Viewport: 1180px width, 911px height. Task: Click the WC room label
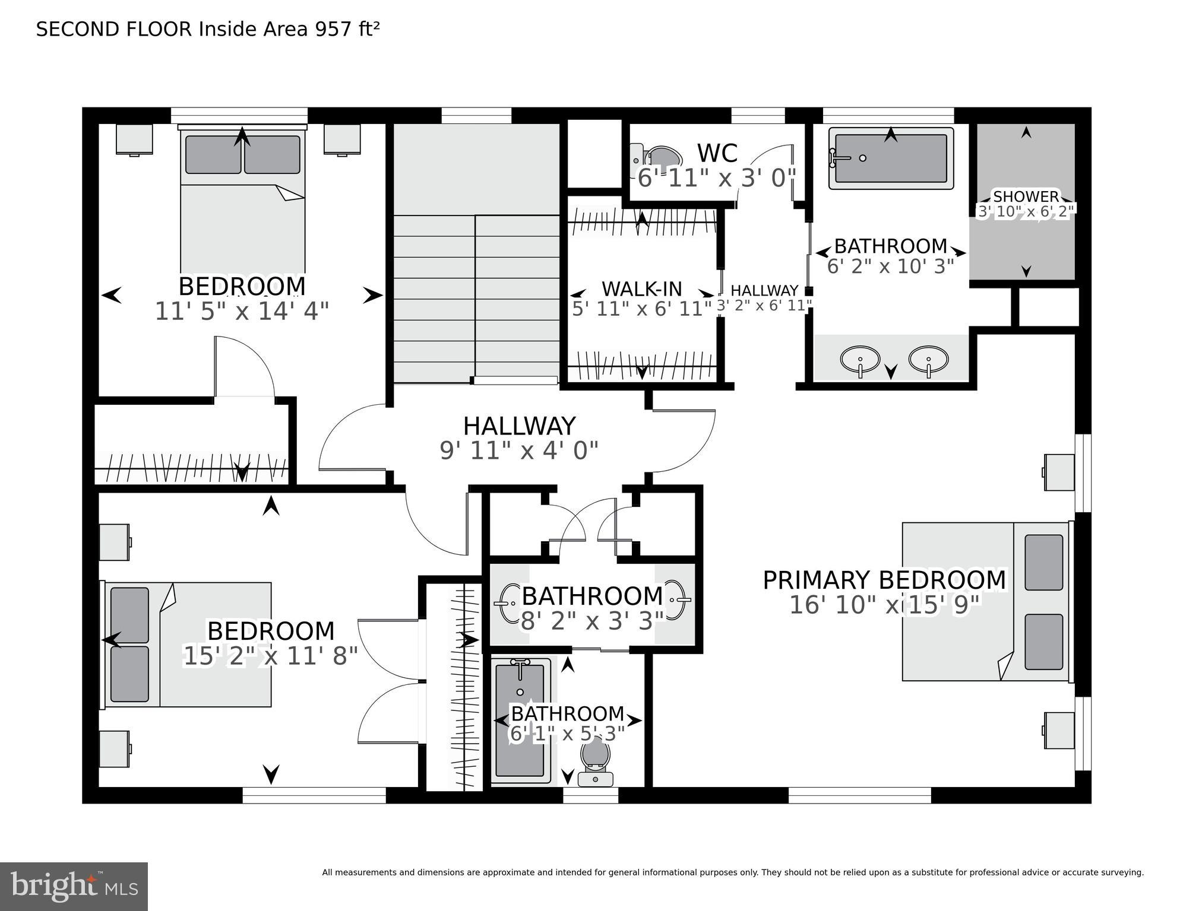(717, 153)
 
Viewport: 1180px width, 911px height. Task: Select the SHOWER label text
(1026, 196)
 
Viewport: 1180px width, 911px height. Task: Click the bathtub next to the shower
(891, 158)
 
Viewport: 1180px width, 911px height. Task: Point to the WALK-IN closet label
(641, 289)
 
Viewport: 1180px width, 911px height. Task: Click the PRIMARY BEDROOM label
(884, 580)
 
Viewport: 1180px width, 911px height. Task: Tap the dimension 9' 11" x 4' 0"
(518, 451)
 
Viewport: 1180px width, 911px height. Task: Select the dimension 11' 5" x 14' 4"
(242, 311)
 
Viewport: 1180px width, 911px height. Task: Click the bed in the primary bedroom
(986, 601)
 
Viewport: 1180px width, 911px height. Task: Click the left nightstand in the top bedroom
(134, 139)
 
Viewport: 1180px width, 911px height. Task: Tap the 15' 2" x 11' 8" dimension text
(270, 656)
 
